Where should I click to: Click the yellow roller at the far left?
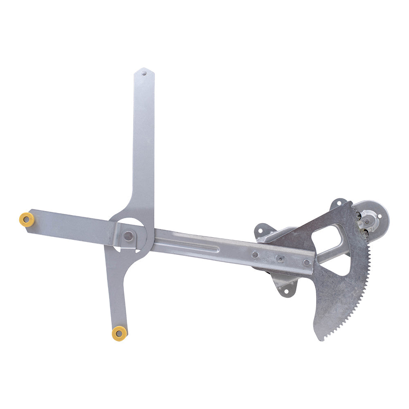pyautogui.click(x=27, y=219)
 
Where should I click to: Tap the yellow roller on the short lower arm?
pyautogui.click(x=119, y=333)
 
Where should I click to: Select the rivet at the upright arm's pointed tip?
pyautogui.click(x=144, y=74)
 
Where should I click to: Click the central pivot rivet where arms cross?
pyautogui.click(x=128, y=236)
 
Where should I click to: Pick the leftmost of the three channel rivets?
pyautogui.click(x=255, y=254)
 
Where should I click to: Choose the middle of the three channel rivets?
pyautogui.click(x=280, y=258)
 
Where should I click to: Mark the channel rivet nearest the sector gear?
pyautogui.click(x=306, y=262)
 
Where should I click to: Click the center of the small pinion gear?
pyautogui.click(x=367, y=222)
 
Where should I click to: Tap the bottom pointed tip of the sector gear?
pyautogui.click(x=321, y=339)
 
